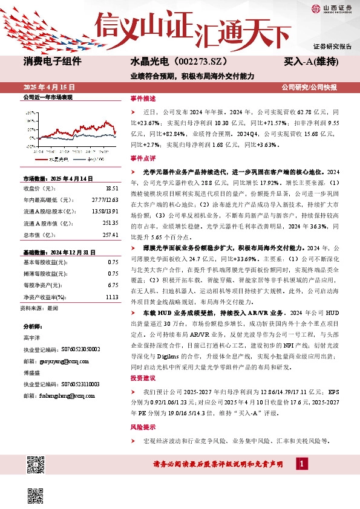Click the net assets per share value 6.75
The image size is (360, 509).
[112, 284]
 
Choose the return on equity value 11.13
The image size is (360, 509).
[111, 297]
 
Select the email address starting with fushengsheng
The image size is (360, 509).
[62, 395]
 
